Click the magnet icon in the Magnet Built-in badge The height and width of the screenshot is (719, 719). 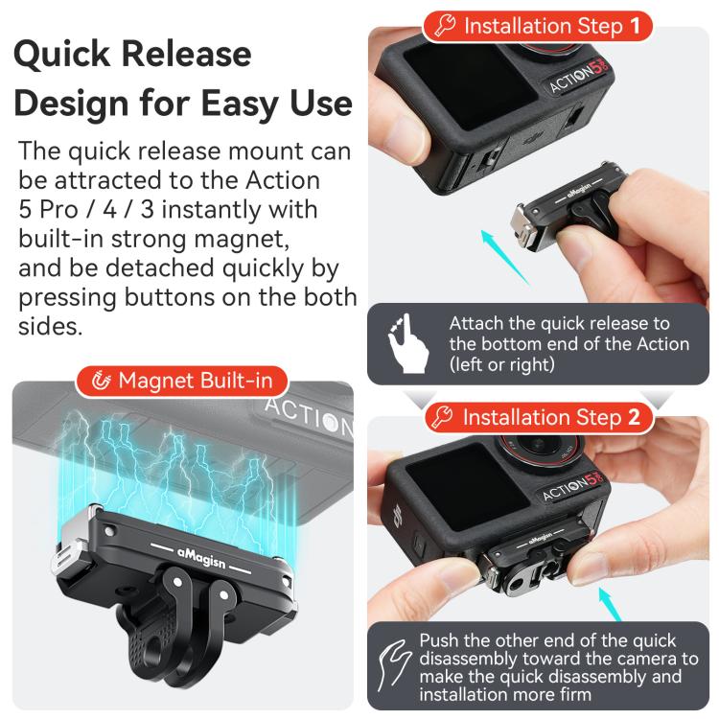102,382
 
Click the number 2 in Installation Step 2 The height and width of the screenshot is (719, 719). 634,417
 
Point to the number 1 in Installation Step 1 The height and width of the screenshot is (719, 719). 635,26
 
